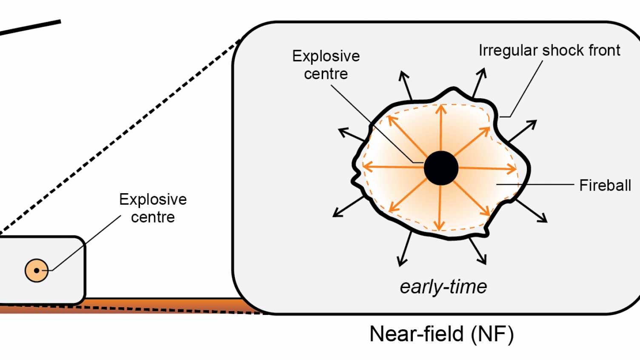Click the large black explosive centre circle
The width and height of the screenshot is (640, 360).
(441, 168)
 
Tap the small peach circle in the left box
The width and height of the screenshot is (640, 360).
(37, 270)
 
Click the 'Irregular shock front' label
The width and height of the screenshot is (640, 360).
(549, 50)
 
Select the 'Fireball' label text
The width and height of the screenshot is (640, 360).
(605, 186)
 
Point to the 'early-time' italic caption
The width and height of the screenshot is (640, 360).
(443, 287)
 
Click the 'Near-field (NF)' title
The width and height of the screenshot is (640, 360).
(442, 334)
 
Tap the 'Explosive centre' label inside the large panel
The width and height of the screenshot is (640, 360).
(326, 65)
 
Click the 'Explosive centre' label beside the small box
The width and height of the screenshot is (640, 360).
(153, 208)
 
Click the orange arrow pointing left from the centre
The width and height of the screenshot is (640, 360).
(391, 166)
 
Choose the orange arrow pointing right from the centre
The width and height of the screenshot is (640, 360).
(489, 169)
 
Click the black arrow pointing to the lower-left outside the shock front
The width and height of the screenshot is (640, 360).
(348, 207)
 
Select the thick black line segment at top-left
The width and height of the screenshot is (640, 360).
(30, 28)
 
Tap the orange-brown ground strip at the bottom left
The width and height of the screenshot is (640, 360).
(128, 306)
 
